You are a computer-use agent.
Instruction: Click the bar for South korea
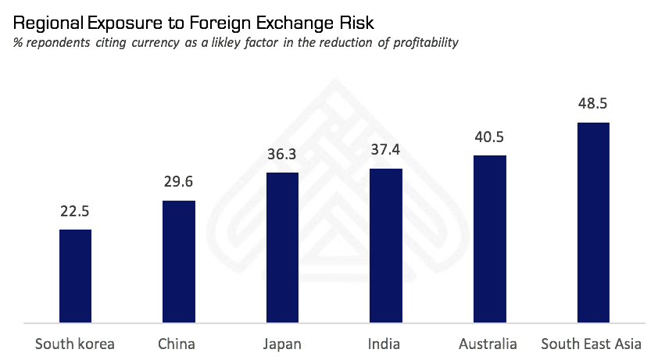[x=76, y=276]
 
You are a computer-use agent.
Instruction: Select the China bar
[x=179, y=261]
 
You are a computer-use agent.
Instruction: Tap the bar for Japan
[x=283, y=247]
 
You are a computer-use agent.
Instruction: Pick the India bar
[x=386, y=244]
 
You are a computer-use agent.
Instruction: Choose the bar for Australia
[x=490, y=238]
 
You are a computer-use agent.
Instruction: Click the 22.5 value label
[x=76, y=212]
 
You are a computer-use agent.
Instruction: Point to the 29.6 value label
[x=179, y=183]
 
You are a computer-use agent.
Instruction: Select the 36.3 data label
[x=283, y=155]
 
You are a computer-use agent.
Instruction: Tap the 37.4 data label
[x=386, y=150]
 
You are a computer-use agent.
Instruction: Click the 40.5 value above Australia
[x=490, y=137]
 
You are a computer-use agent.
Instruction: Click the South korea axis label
[x=76, y=344]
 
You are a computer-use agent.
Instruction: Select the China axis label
[x=177, y=344]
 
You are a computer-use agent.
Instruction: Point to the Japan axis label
[x=282, y=344]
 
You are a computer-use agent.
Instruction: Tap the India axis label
[x=384, y=344]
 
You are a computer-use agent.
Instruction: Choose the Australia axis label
[x=488, y=344]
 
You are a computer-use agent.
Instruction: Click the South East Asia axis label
[x=592, y=344]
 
